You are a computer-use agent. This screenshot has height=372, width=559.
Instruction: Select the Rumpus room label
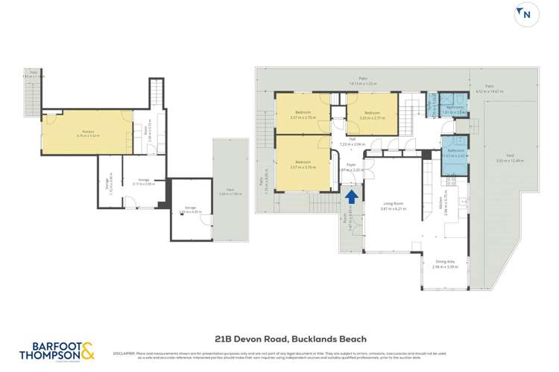coord(87,133)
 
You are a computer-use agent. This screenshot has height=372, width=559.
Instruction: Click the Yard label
coord(510,158)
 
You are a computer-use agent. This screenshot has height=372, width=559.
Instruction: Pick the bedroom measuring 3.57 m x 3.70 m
coord(303,163)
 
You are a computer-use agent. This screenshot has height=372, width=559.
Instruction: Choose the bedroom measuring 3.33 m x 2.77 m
coord(373,115)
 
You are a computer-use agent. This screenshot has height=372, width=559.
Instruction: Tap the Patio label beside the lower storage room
coord(224,190)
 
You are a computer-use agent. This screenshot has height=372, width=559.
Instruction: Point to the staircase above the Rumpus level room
coord(156,93)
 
